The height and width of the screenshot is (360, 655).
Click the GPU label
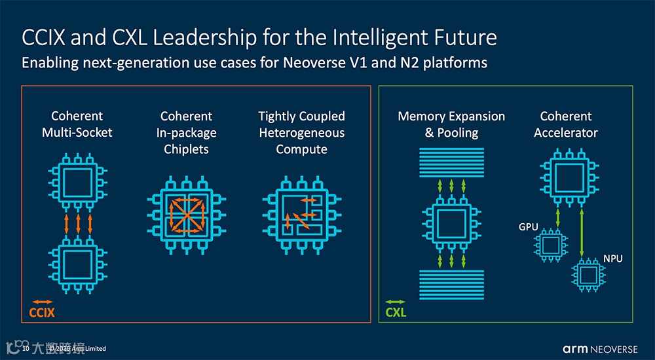(x=529, y=227)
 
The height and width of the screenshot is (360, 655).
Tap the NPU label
(x=613, y=259)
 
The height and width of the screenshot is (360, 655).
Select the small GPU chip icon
(x=550, y=245)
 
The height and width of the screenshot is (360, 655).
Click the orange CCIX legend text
(x=42, y=312)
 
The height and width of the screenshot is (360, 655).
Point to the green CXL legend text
(x=396, y=312)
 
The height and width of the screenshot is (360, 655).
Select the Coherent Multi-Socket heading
(x=77, y=124)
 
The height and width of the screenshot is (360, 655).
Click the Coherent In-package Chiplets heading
(x=186, y=133)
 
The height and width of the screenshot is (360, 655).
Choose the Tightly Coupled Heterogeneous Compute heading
(x=301, y=133)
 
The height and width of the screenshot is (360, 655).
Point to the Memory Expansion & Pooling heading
(x=451, y=124)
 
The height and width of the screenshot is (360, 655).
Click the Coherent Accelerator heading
(x=566, y=124)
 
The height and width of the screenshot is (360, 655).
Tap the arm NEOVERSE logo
(x=599, y=348)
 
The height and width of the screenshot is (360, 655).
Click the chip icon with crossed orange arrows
(x=187, y=215)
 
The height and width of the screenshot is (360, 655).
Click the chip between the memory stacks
(x=451, y=223)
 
